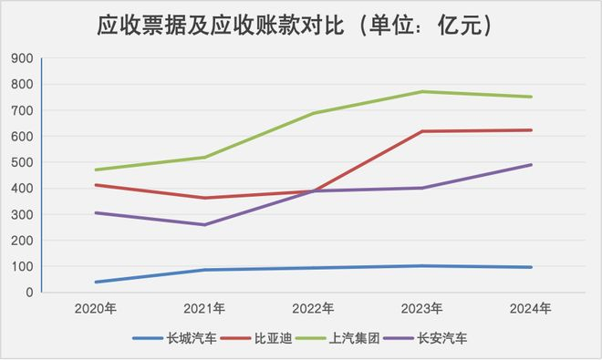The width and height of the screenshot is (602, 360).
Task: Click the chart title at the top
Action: coord(300,26)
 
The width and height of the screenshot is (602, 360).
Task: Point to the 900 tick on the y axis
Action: coord(21,58)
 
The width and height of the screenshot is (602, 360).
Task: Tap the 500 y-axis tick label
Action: coord(21,163)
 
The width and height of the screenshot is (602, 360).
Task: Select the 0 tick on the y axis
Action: coord(29,293)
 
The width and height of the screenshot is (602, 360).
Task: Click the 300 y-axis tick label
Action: coord(21,215)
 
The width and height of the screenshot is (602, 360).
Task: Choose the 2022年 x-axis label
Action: coord(313,308)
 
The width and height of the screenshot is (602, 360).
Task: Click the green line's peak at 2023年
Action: coord(422,91)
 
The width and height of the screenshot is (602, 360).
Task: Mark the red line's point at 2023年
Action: coord(422,131)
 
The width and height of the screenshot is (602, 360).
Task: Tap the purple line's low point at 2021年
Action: coord(203,225)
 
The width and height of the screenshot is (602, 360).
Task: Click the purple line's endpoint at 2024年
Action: coord(532,165)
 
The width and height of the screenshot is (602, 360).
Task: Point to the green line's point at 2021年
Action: coord(203,158)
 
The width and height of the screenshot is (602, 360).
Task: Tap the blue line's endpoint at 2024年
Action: coord(532,267)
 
